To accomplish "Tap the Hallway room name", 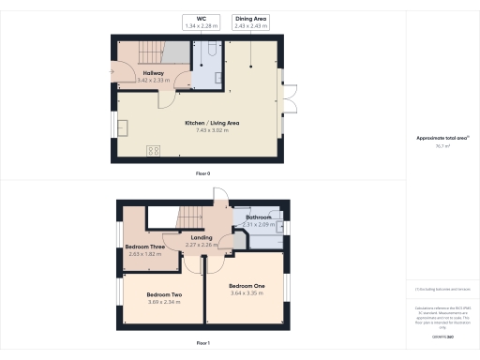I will [154, 73].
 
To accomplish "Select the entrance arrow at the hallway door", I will [113, 68].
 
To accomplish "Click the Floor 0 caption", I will [202, 174].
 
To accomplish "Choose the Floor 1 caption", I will [202, 343].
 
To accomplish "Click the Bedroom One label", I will [247, 285].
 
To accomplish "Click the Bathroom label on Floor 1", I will [258, 217].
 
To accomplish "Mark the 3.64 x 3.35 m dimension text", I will [247, 292].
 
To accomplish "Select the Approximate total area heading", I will [442, 138].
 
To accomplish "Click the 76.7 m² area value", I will [442, 146].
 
